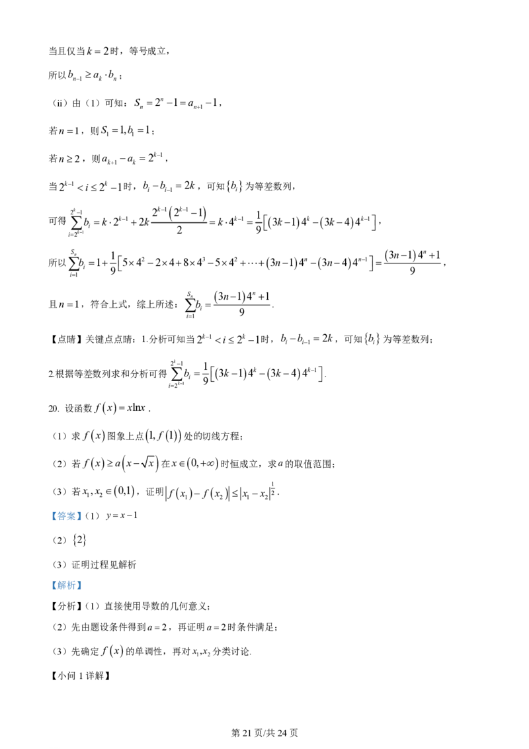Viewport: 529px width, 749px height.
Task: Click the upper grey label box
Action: (x=66, y=516)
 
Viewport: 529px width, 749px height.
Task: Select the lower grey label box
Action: (x=66, y=585)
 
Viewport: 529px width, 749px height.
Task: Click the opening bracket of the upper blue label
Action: (x=54, y=516)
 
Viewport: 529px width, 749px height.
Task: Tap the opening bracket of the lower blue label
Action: (x=54, y=585)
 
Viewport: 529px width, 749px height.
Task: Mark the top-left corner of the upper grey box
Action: (x=48, y=509)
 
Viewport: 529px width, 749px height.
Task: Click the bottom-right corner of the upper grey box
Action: (x=84, y=523)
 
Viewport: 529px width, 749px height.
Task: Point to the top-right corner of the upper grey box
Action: (x=84, y=509)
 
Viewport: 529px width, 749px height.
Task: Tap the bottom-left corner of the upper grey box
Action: (x=48, y=523)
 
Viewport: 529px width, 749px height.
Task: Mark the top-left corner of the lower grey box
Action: (x=48, y=578)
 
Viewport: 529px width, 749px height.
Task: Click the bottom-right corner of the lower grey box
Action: (x=84, y=592)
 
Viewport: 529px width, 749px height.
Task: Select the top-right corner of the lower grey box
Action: (x=84, y=578)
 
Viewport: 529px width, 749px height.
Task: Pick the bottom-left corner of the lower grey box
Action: (x=48, y=592)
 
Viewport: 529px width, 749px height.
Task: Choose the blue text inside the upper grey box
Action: (x=66, y=516)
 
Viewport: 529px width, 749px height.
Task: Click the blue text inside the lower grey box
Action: (x=66, y=585)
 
